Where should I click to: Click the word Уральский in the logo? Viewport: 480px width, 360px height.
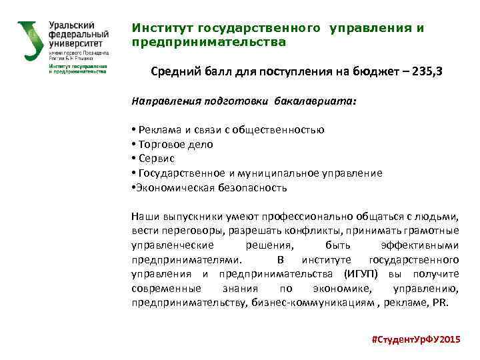pos(70,25)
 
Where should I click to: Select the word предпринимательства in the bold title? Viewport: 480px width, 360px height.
pos(209,42)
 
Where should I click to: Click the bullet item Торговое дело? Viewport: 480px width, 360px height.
pos(175,144)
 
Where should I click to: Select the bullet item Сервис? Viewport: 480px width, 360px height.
pos(157,159)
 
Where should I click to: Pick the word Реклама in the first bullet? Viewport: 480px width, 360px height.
pos(159,129)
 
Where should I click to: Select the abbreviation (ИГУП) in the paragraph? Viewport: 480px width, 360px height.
pos(361,274)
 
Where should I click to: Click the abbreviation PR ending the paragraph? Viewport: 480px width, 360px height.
pos(442,302)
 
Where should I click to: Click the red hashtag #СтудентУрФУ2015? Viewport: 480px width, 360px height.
pos(415,339)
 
